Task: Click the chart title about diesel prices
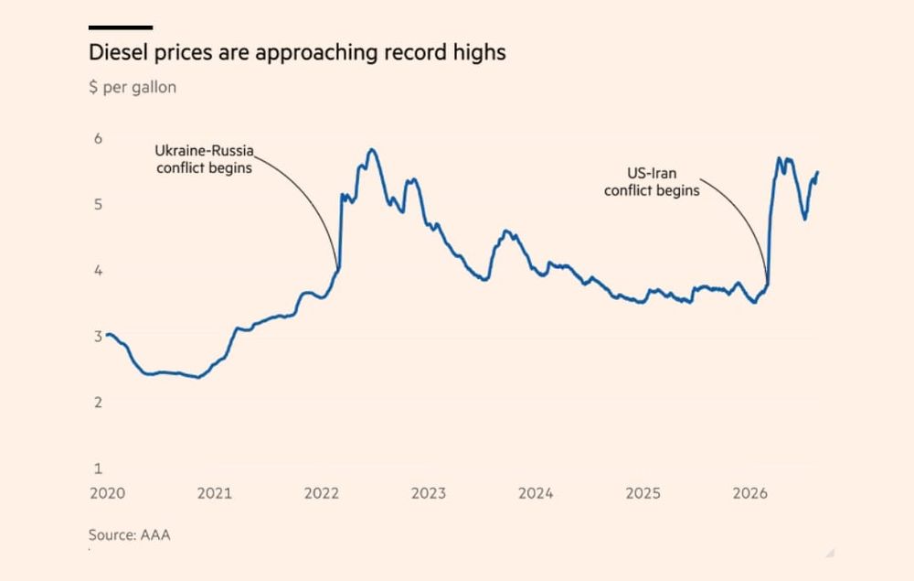click(297, 53)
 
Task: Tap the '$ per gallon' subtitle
click(133, 88)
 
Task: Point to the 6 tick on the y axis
click(98, 138)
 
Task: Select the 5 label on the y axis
click(98, 204)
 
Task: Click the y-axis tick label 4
click(98, 270)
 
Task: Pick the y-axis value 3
click(98, 336)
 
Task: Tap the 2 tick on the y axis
click(98, 402)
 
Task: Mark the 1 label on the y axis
click(98, 468)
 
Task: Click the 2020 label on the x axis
click(107, 493)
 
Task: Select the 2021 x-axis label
click(215, 493)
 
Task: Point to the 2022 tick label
click(321, 493)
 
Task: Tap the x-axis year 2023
click(429, 493)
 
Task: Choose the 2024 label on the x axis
click(536, 493)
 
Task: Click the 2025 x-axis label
click(643, 493)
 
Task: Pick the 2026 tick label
click(750, 493)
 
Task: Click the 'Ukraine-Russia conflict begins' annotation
click(204, 159)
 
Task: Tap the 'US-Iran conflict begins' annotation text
click(652, 182)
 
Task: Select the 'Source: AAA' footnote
click(130, 535)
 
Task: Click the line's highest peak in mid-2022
click(371, 150)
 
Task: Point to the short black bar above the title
click(121, 27)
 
